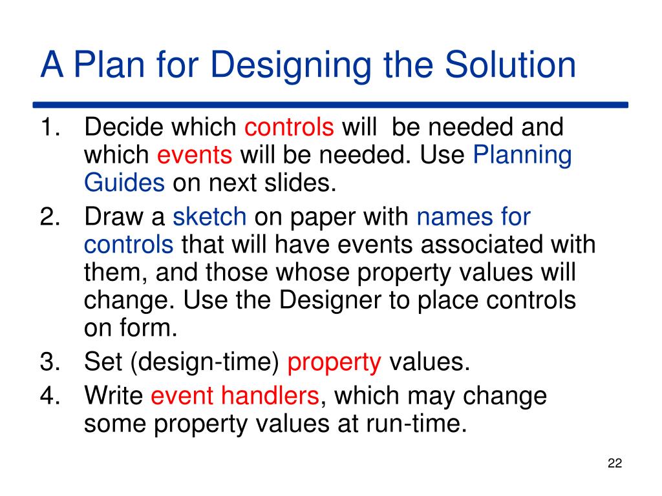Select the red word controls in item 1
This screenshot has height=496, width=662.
coord(289,127)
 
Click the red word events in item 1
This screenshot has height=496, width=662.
coord(195,155)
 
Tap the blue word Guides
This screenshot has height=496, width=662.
coord(124,183)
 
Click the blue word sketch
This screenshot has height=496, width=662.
coord(209,217)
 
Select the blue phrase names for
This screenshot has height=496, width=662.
coord(473,217)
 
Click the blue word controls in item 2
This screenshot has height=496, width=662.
coord(129,245)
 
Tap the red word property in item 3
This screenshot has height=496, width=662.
coord(334,363)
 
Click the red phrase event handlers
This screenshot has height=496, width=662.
coord(235,396)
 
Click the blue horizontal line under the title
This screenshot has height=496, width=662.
coord(330,104)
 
